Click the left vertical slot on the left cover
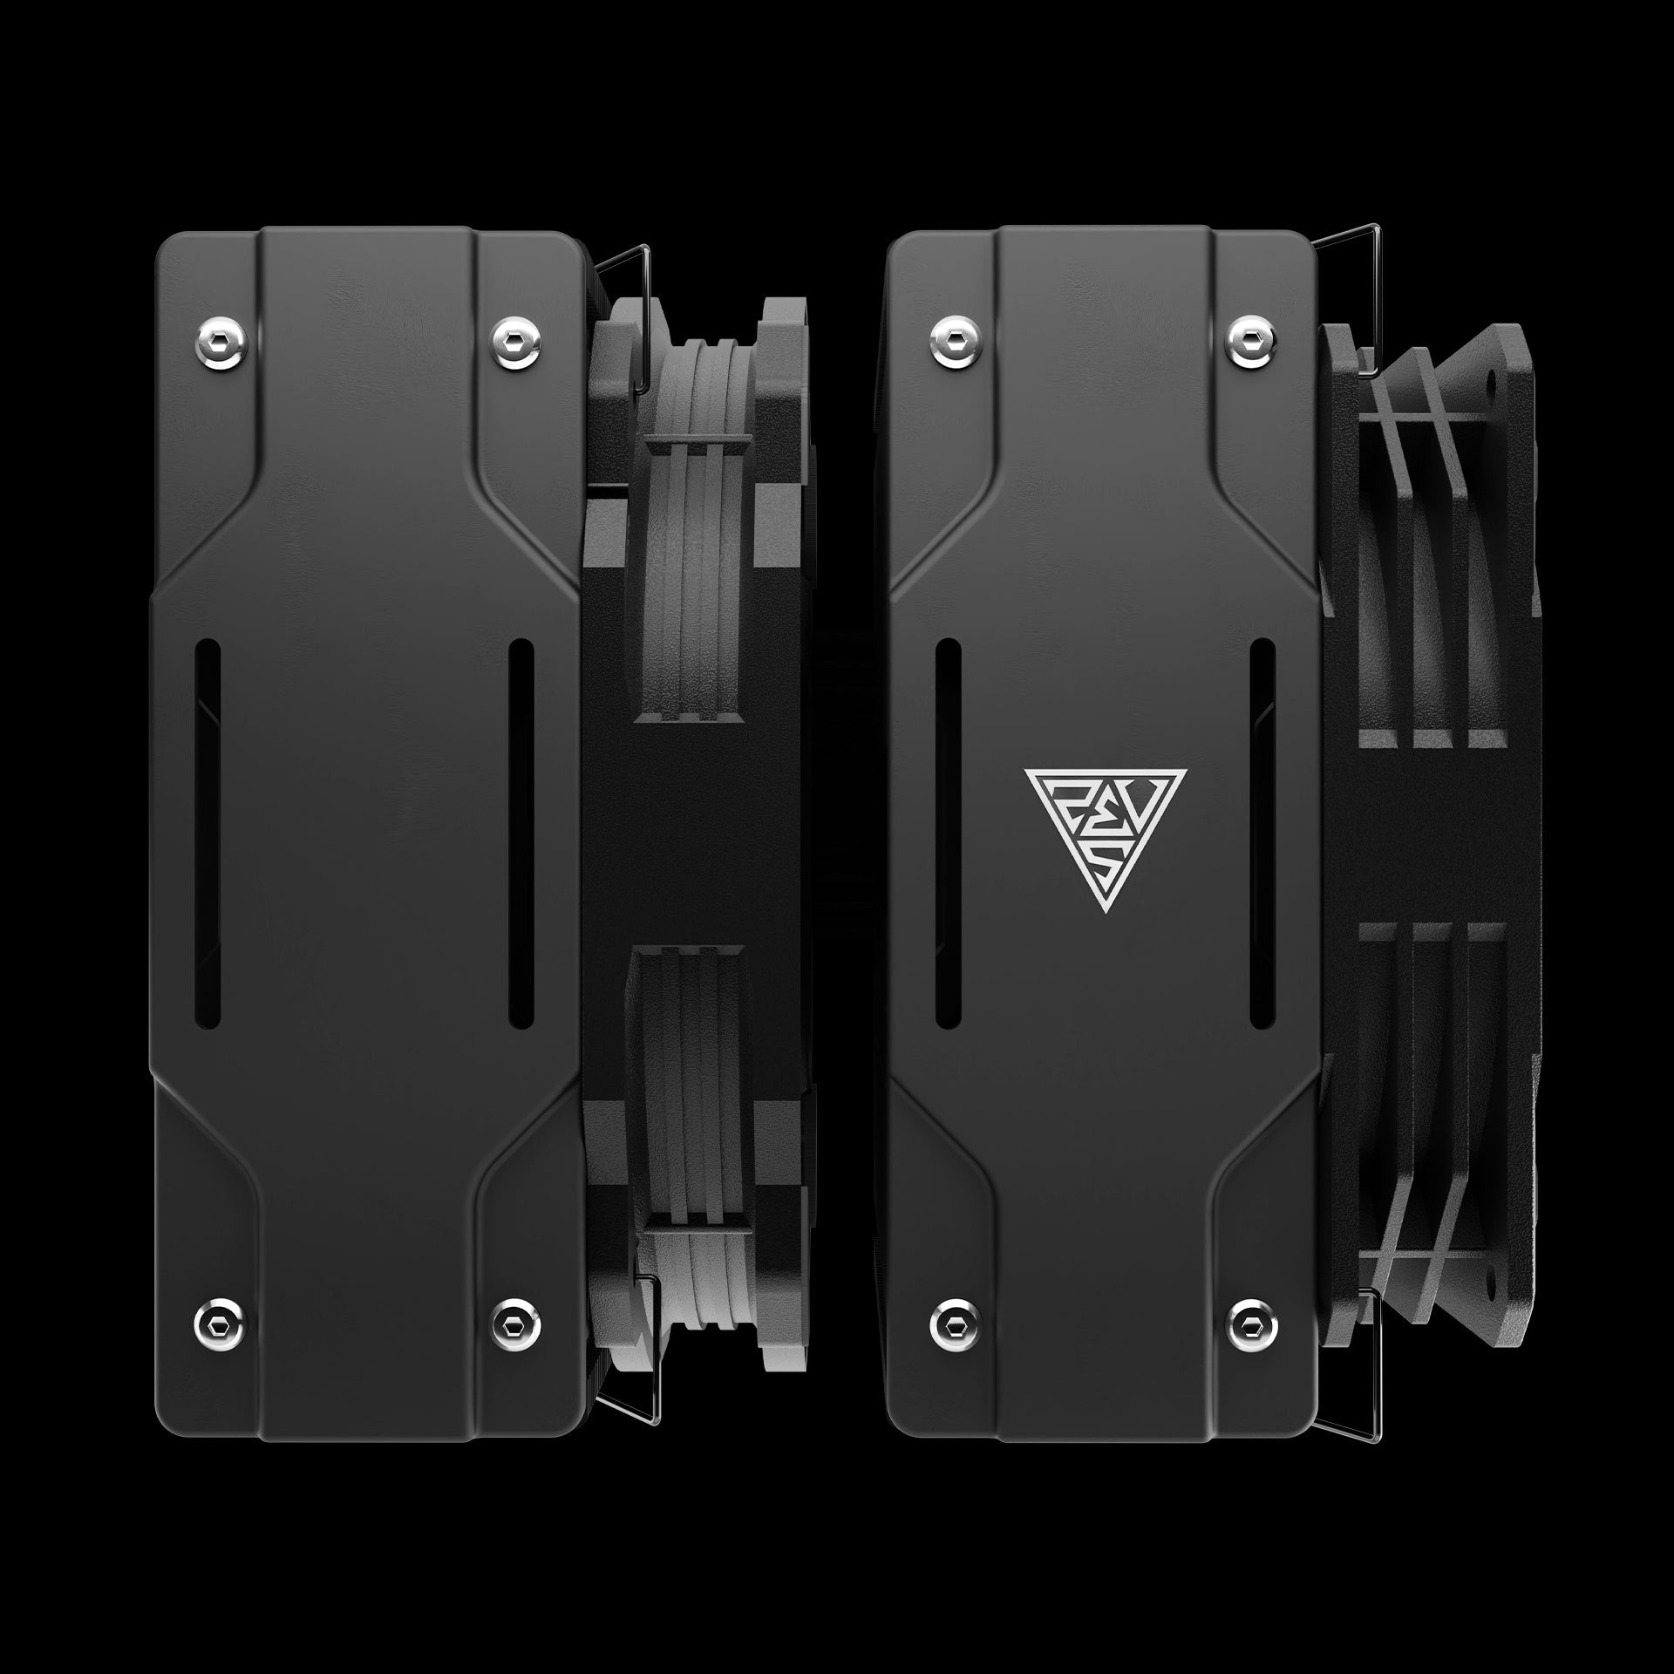pyautogui.click(x=208, y=835)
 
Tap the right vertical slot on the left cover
pyautogui.click(x=521, y=835)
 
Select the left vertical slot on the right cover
pyautogui.click(x=947, y=835)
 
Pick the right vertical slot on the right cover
pyautogui.click(x=1262, y=835)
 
